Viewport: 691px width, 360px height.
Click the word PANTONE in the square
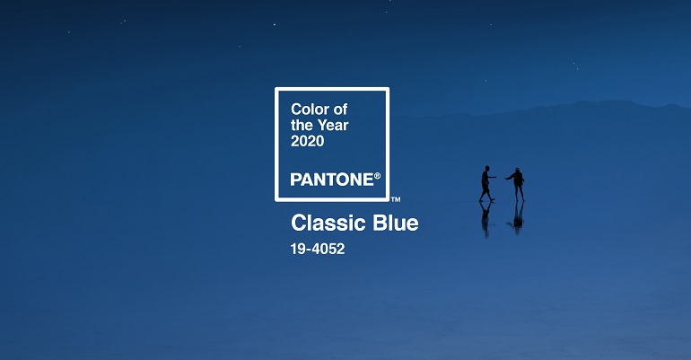pyautogui.click(x=332, y=180)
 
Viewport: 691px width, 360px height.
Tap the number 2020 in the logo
pyautogui.click(x=307, y=141)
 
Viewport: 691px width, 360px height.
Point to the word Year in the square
pyautogui.click(x=332, y=125)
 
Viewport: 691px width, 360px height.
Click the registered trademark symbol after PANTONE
pyautogui.click(x=377, y=176)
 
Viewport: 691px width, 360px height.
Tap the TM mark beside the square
pyautogui.click(x=396, y=199)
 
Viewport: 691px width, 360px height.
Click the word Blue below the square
pyautogui.click(x=396, y=223)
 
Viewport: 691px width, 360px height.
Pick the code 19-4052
pyautogui.click(x=318, y=249)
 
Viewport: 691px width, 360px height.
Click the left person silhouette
pyautogui.click(x=485, y=184)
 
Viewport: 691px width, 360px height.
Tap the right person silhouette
pyautogui.click(x=517, y=184)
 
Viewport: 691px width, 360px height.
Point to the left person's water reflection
pyautogui.click(x=485, y=218)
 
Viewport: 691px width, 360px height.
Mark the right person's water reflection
pyautogui.click(x=518, y=217)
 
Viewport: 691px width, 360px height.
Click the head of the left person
pyautogui.click(x=486, y=168)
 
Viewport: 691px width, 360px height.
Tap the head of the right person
pyautogui.click(x=518, y=170)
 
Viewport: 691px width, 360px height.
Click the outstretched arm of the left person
pyautogui.click(x=493, y=177)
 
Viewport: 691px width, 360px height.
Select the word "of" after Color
pyautogui.click(x=340, y=109)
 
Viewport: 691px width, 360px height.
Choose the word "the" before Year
pyautogui.click(x=302, y=125)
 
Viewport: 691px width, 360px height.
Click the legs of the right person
pyautogui.click(x=519, y=193)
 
